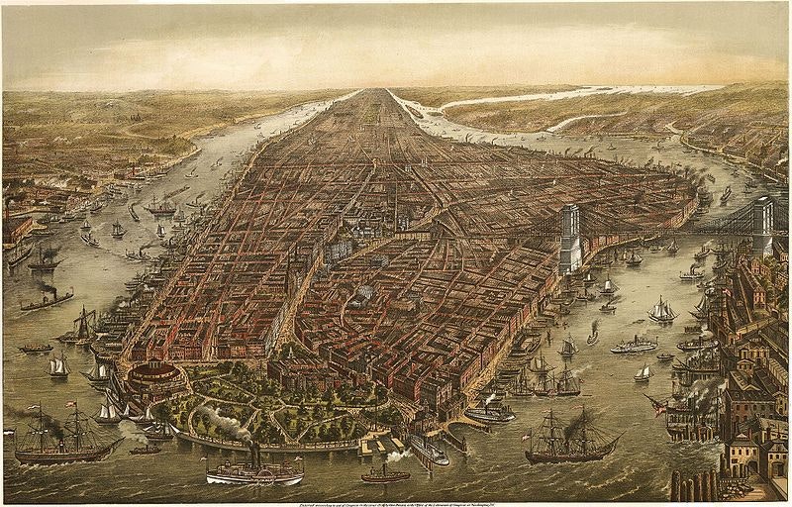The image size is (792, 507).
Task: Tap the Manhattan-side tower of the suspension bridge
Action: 569,238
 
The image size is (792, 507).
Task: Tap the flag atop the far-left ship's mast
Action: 69,404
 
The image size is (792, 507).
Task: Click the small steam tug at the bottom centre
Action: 385,473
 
